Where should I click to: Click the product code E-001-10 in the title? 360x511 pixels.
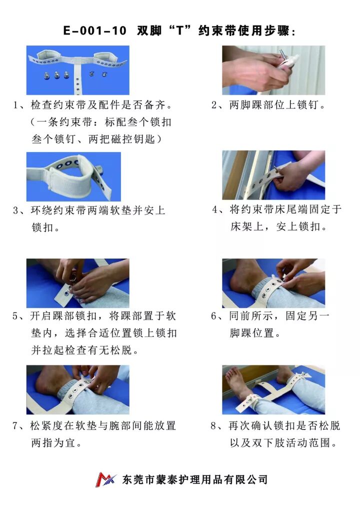pos(94,31)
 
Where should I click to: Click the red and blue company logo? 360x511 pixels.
pos(106,479)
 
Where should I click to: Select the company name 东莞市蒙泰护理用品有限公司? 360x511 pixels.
pos(195,479)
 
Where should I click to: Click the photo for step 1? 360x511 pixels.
pos(78,70)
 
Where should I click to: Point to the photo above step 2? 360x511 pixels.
pos(273,70)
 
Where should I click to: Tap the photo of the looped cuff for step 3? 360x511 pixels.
pos(73,176)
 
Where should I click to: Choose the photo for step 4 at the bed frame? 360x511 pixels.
pos(273,175)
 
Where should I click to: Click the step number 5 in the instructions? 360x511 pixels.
pos(15,316)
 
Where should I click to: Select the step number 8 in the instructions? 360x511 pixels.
pos(213,426)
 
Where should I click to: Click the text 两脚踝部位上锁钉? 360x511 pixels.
pos(273,105)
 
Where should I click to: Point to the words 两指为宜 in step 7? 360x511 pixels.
pos(53,443)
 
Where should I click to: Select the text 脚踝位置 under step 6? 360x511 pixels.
pos(252,333)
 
